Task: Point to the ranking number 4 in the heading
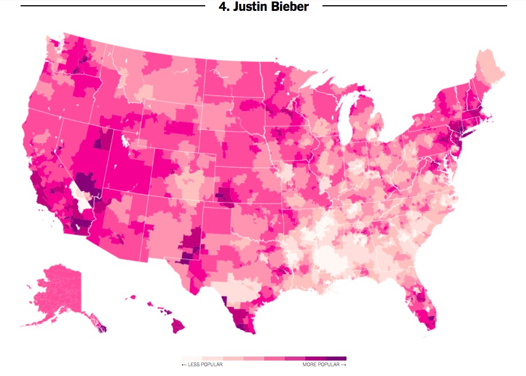tap(222, 7)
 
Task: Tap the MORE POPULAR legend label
tap(321, 365)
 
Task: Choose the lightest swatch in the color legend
tap(192, 358)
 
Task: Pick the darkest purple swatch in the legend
tap(336, 358)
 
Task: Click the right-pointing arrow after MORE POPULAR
tap(344, 365)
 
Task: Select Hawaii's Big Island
tap(178, 326)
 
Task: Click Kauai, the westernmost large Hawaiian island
tap(133, 297)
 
